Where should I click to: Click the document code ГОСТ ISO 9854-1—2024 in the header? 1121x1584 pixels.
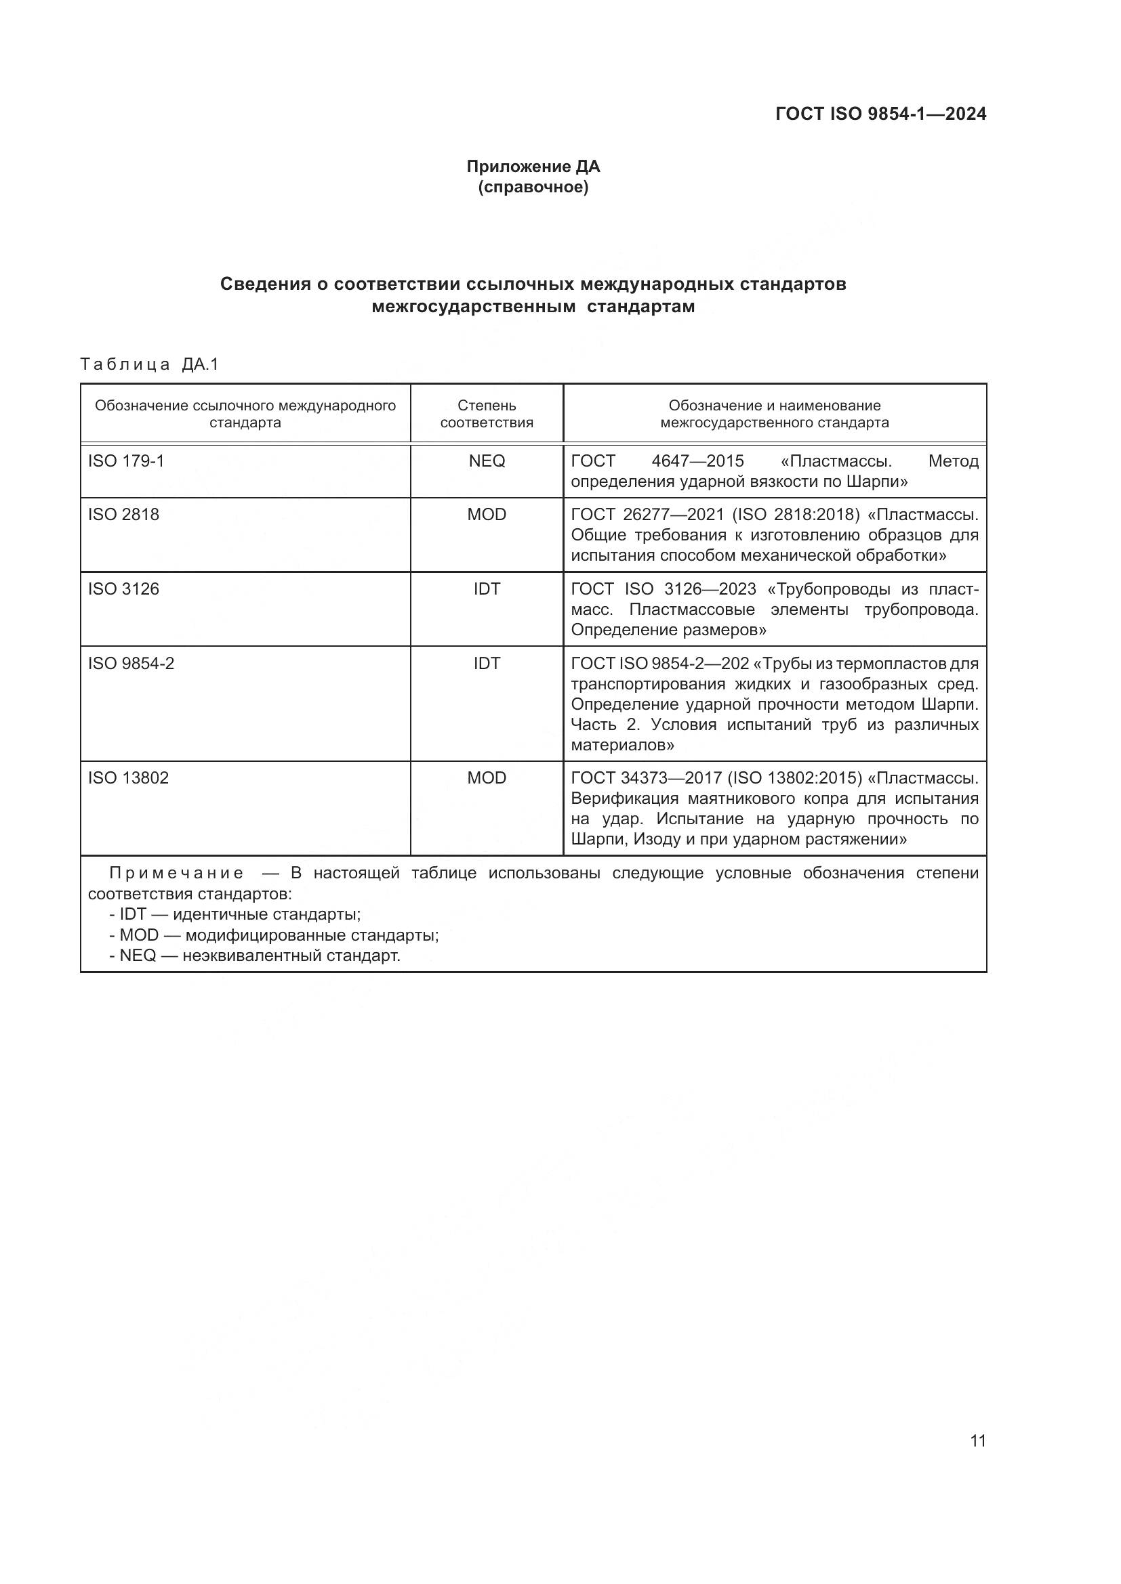[x=881, y=114]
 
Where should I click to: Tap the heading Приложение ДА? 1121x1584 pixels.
[x=533, y=167]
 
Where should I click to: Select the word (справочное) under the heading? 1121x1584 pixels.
[x=533, y=187]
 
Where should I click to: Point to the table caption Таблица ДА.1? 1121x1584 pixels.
[x=149, y=364]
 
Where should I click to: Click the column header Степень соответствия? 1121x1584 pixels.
[x=487, y=414]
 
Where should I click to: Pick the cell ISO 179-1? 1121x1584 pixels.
[x=126, y=461]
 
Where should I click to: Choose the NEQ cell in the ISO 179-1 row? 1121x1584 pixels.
[x=487, y=461]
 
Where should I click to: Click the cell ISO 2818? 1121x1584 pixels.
[x=123, y=515]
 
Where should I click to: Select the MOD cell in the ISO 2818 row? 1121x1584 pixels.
[x=487, y=515]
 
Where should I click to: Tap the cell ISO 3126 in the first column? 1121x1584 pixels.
[x=123, y=589]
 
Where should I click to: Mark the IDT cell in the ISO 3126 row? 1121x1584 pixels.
[x=487, y=589]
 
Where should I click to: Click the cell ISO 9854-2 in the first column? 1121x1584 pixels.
[x=131, y=664]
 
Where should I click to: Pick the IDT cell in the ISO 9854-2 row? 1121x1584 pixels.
[x=487, y=664]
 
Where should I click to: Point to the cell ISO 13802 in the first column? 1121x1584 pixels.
[x=128, y=778]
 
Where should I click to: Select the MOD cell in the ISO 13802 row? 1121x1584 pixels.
[x=487, y=778]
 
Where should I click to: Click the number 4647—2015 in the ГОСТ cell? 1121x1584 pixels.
[x=697, y=461]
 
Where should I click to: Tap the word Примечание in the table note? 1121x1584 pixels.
[x=176, y=874]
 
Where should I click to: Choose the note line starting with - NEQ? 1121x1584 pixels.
[x=255, y=956]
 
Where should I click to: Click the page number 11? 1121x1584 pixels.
[x=977, y=1440]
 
